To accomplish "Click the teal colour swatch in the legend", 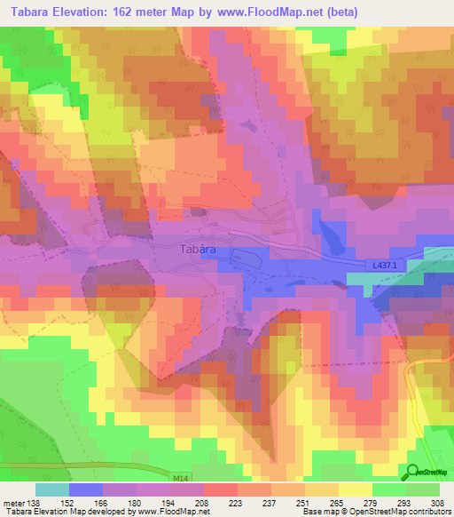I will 52,489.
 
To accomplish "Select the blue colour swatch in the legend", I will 86,489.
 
